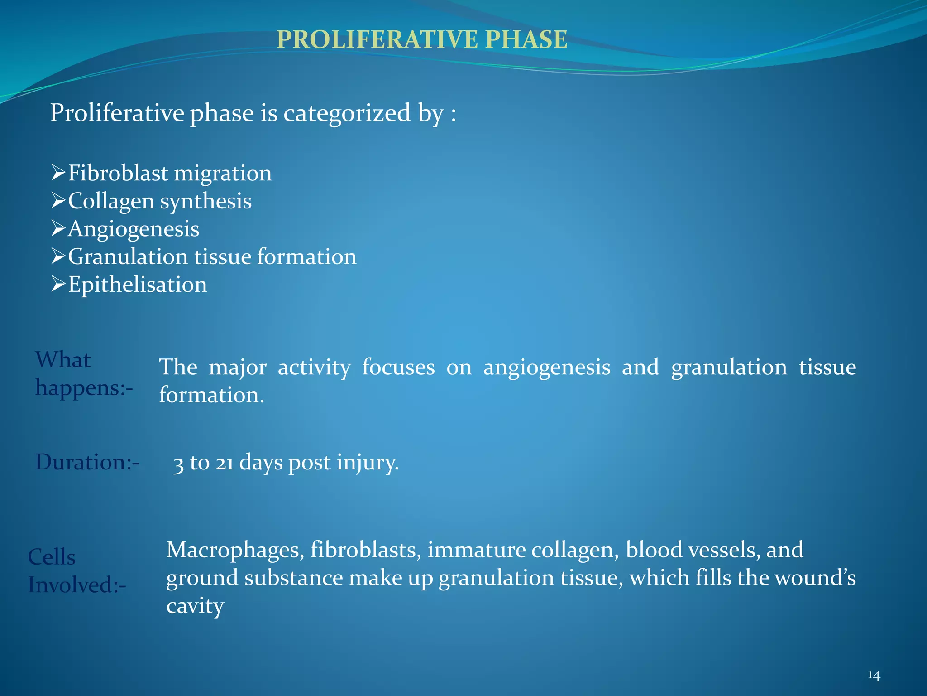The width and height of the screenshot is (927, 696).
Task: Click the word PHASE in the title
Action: (x=526, y=39)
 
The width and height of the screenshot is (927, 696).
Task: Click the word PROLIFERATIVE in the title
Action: (x=377, y=39)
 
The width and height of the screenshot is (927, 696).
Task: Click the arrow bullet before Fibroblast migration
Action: (x=58, y=173)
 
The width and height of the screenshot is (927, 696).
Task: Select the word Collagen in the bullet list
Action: (x=111, y=201)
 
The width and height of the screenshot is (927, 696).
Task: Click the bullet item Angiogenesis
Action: (x=134, y=229)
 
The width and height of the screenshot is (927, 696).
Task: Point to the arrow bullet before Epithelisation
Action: (x=58, y=284)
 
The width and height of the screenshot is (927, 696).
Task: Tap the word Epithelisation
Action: (x=138, y=285)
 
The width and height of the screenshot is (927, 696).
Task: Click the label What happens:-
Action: (x=84, y=374)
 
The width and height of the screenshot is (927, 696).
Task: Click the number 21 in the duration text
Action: (x=225, y=463)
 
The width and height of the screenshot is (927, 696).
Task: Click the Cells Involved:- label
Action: (x=76, y=570)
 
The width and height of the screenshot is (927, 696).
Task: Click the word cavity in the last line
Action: (x=195, y=606)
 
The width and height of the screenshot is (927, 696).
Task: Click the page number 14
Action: (x=874, y=676)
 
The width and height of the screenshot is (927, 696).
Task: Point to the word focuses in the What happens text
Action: (x=398, y=367)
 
